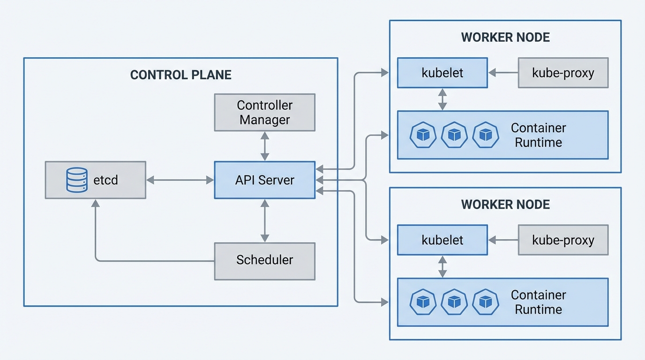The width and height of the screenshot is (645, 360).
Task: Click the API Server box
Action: point(264,180)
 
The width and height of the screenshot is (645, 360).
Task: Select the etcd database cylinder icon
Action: point(76,180)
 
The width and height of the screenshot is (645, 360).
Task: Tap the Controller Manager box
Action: point(264,112)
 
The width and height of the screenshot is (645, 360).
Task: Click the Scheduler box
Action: point(264,261)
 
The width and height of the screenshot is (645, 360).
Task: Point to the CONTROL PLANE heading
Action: point(180,75)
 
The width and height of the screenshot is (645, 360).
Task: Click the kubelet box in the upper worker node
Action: point(442,73)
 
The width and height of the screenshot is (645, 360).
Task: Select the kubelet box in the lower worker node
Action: point(442,240)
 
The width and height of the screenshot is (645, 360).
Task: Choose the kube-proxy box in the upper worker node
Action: point(563,73)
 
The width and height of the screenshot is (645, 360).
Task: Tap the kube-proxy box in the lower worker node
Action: point(563,240)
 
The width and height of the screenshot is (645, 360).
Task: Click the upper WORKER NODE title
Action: point(505,37)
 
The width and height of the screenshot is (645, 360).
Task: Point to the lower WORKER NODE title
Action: point(505,204)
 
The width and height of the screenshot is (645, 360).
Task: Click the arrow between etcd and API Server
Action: point(180,180)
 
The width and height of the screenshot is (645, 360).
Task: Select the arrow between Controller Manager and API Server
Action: point(265,146)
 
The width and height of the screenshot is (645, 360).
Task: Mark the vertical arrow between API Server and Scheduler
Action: point(265,220)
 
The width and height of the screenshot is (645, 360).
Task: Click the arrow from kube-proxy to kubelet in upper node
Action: point(503,73)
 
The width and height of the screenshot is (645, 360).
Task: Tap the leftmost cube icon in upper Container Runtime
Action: point(423,135)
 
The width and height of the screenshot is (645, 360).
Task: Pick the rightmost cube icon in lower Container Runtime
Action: point(486,302)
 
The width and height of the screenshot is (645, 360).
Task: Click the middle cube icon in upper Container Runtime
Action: point(454,135)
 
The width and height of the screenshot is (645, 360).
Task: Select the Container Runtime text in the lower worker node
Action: point(538,302)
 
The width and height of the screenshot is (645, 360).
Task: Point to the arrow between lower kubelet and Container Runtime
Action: point(442,267)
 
